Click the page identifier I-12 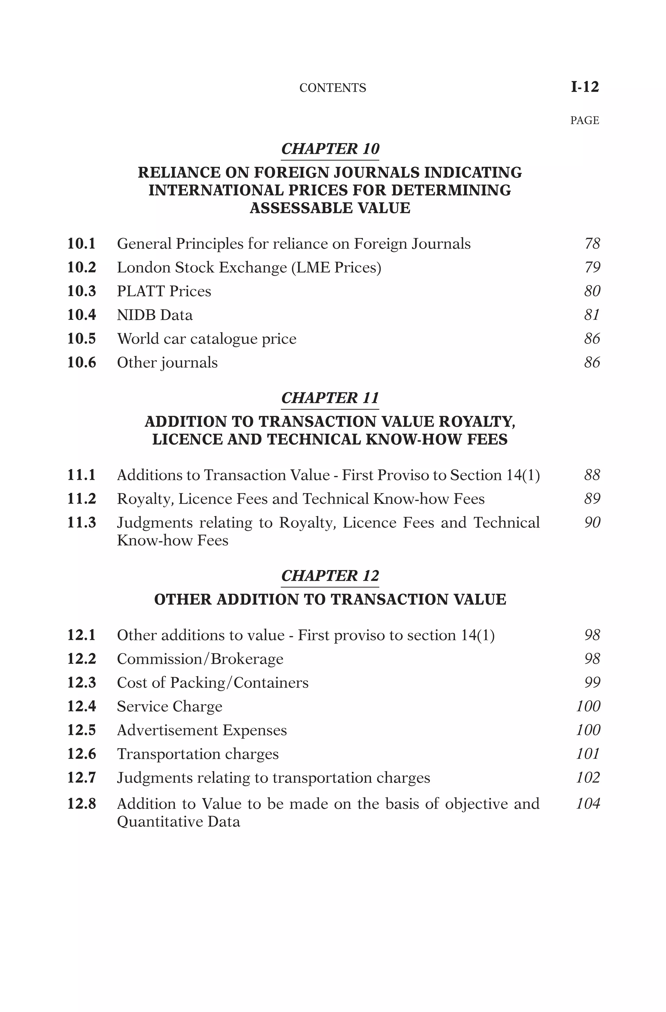coord(584,87)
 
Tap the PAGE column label coord(584,120)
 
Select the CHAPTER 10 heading coord(330,149)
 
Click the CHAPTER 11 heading coord(330,398)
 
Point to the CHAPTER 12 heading coord(330,576)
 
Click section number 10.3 coord(82,291)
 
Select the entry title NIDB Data coord(155,315)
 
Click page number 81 coord(592,315)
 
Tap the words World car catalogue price coord(207,339)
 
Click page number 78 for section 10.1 coord(592,243)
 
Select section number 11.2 coord(82,499)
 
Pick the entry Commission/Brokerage coord(200,659)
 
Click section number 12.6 coord(82,754)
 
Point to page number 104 coord(588,804)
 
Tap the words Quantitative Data coord(178,821)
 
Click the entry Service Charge coord(169,706)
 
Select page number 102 coord(588,778)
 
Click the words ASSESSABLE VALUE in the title coord(330,208)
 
